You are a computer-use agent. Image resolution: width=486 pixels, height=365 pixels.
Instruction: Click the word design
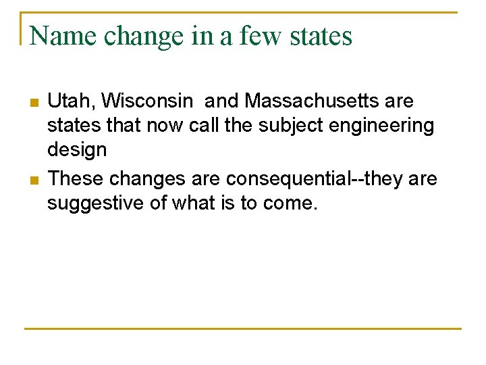coord(77,150)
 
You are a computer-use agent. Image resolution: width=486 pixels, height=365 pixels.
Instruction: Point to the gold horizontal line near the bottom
coord(243,328)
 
